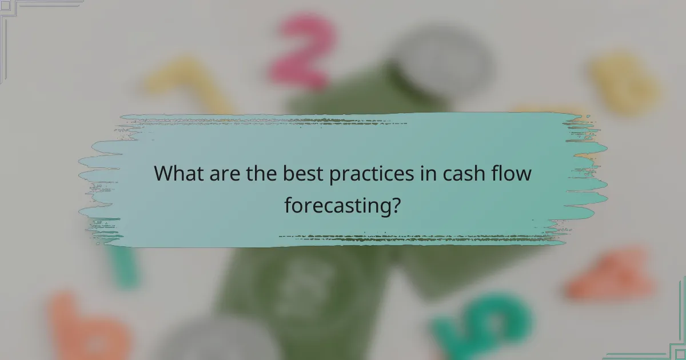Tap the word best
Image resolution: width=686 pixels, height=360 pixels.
click(302, 174)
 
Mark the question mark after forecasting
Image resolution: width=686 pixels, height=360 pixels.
click(394, 204)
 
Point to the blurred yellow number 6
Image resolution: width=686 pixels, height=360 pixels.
click(623, 83)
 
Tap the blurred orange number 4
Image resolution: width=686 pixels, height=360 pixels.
click(612, 274)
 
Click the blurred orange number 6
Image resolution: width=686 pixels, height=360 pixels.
click(86, 329)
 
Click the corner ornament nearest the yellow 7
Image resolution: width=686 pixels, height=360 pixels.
click(23, 17)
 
